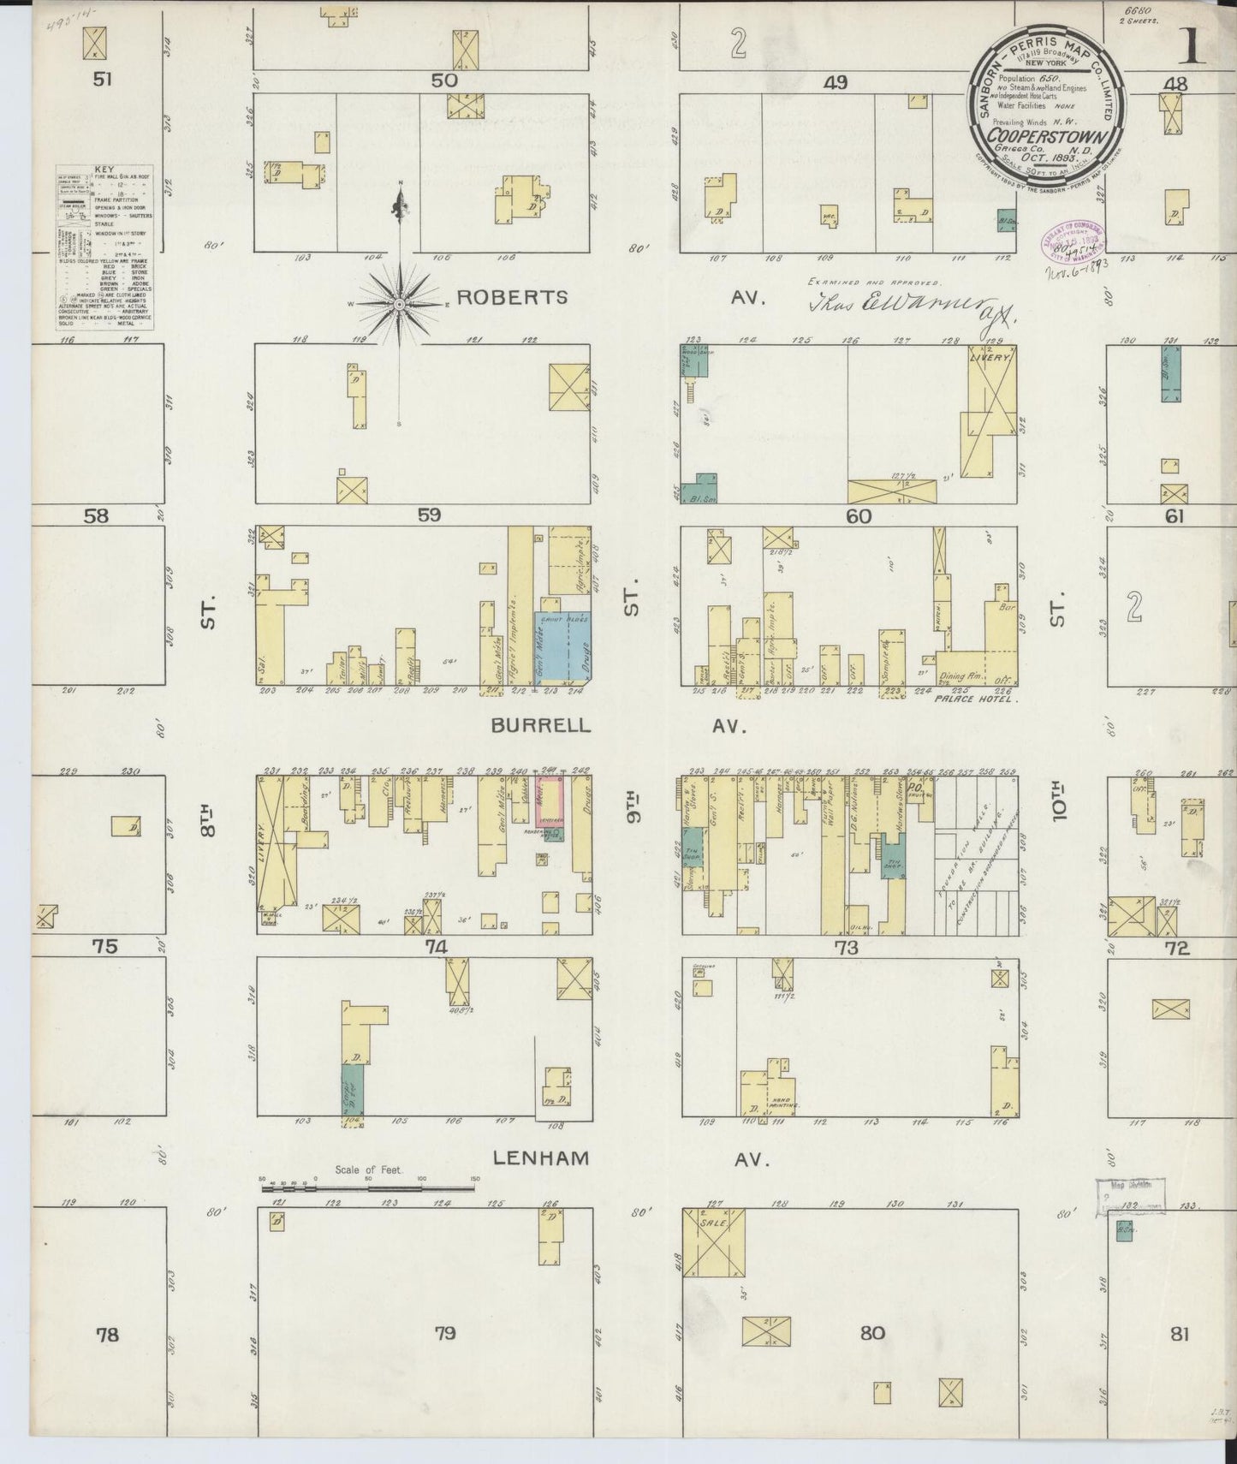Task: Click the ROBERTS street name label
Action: click(x=512, y=297)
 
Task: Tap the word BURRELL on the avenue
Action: click(x=540, y=725)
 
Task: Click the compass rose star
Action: click(x=400, y=303)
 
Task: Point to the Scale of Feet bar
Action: click(x=369, y=1187)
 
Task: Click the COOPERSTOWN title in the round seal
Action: click(x=1050, y=137)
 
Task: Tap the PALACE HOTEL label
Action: click(x=972, y=699)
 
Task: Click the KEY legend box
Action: click(x=104, y=247)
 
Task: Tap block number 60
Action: click(x=858, y=516)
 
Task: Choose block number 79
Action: click(x=444, y=1357)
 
